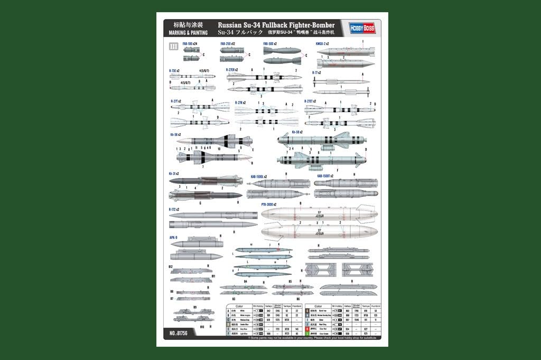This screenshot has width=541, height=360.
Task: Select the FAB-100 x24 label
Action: point(190,43)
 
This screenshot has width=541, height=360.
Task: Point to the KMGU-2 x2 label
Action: point(322,43)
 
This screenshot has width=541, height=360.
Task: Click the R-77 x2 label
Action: point(316,73)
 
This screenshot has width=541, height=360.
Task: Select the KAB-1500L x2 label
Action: point(258,176)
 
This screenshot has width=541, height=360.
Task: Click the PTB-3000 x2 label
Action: point(269,204)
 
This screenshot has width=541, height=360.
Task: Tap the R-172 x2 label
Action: point(174,209)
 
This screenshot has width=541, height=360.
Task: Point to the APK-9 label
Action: point(173,237)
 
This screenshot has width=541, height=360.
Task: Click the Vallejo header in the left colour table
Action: point(268,306)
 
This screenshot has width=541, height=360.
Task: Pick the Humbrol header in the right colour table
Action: point(375,306)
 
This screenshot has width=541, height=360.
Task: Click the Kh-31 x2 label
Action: point(174,173)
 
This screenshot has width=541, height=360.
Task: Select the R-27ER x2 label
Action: point(232,70)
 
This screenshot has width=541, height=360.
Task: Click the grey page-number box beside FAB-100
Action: point(173,47)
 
